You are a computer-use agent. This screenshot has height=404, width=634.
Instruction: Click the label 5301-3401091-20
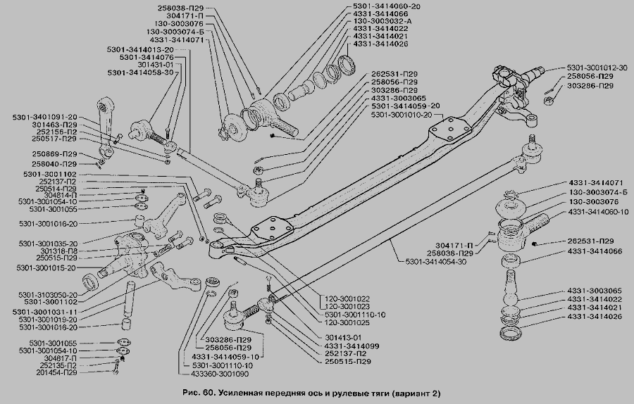coord(44,116)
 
